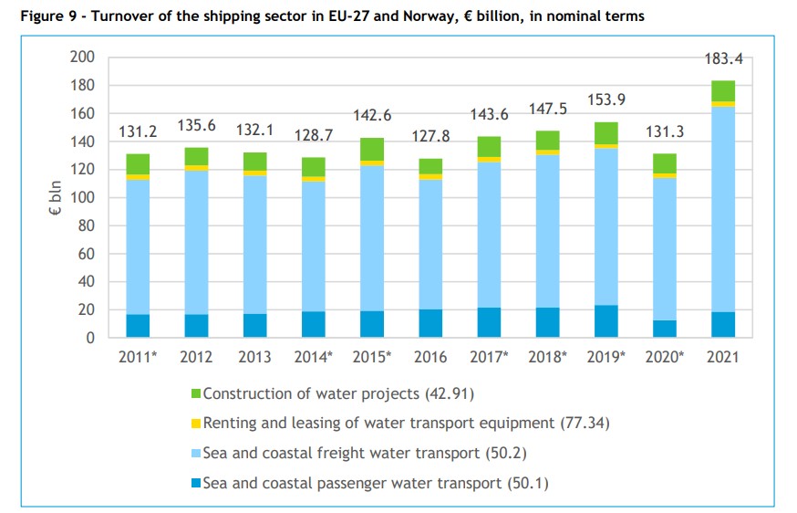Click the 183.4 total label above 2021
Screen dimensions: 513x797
click(x=723, y=59)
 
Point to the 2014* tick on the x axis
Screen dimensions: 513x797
click(x=315, y=357)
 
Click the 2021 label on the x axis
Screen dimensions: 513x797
click(x=723, y=357)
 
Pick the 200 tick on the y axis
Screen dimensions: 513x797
click(x=82, y=58)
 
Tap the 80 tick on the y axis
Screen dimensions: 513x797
click(x=86, y=225)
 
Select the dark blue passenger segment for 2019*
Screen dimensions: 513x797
click(x=606, y=321)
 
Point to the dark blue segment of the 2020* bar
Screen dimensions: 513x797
click(x=665, y=329)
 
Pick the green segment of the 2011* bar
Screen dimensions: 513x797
click(x=139, y=164)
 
